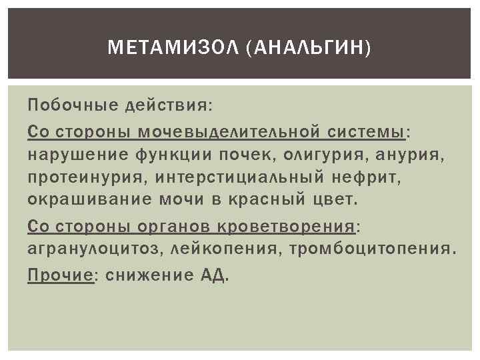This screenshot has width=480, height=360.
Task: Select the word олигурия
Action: click(x=329, y=155)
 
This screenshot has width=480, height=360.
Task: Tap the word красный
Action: click(x=274, y=201)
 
